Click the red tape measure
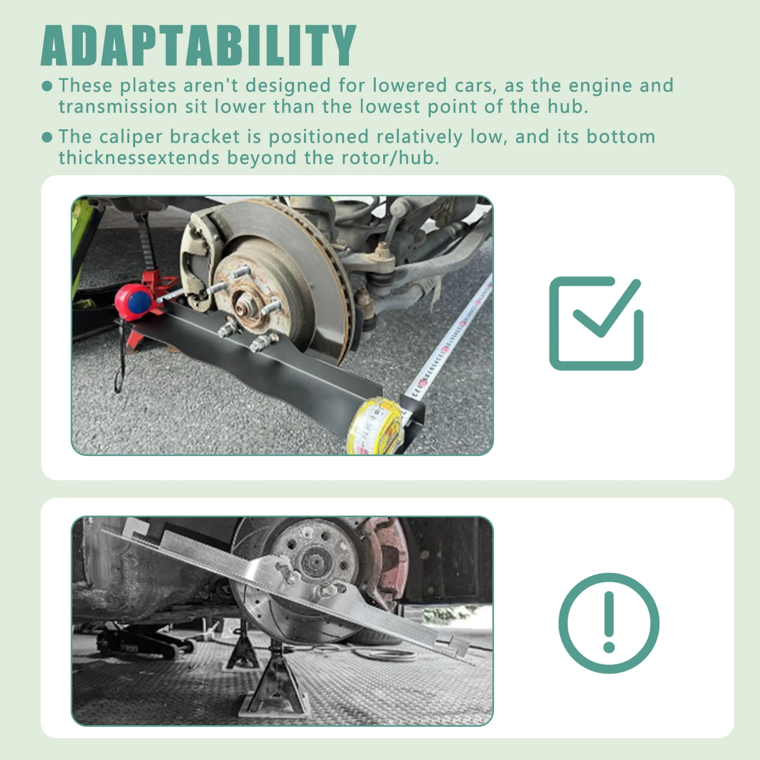pos(134,299)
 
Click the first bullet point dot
pos(47,87)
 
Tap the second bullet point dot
pos(47,137)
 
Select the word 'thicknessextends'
pos(139,158)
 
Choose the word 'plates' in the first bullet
pos(148,86)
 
